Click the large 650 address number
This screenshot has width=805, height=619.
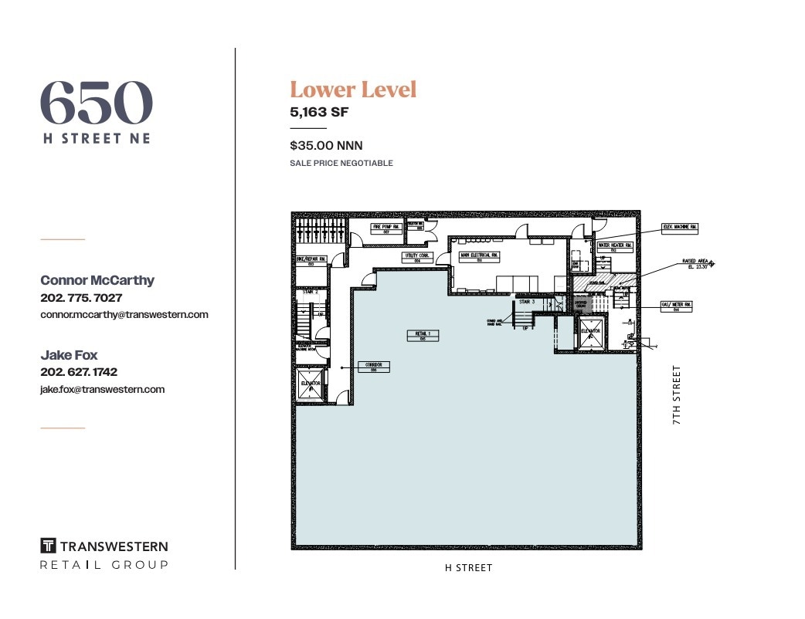point(96,103)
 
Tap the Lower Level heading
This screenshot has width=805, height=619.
point(353,90)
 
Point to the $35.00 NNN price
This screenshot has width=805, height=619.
point(326,145)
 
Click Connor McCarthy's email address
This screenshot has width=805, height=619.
point(124,315)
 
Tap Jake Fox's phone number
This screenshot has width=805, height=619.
point(78,372)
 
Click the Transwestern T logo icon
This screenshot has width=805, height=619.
point(48,546)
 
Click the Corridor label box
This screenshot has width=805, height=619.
point(374,367)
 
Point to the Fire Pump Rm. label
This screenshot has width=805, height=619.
point(386,228)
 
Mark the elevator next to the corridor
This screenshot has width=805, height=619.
point(311,382)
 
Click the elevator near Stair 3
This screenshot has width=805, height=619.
point(591,332)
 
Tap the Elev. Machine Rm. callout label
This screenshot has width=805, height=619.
point(679,228)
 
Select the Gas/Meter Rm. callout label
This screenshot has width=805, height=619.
point(676,306)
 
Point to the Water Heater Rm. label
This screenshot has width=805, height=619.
point(616,247)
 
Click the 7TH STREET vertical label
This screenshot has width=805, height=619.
point(677,396)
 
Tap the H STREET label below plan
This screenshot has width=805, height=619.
point(468,568)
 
